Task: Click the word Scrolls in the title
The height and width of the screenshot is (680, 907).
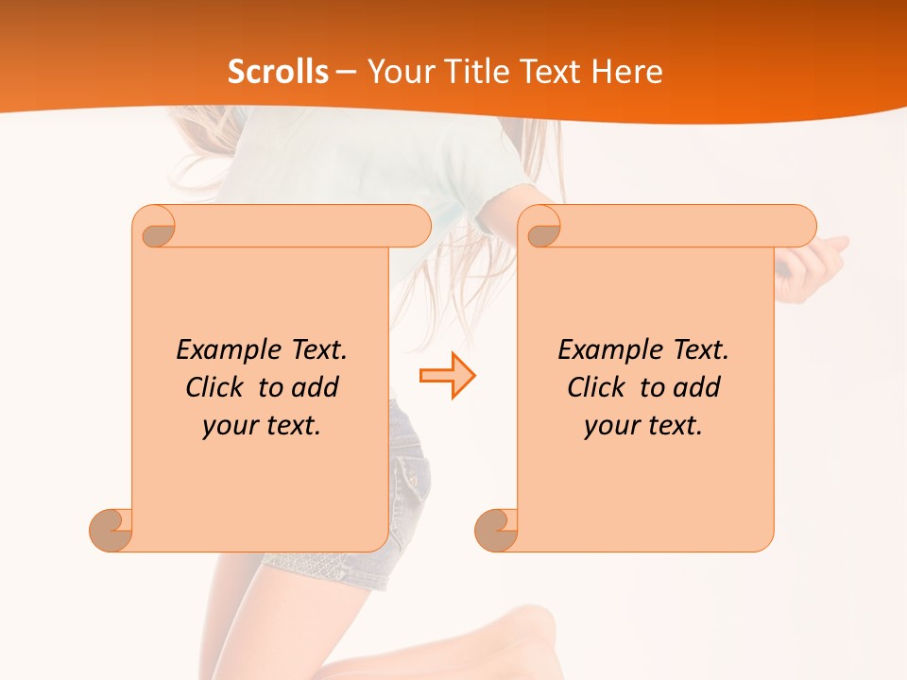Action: (279, 72)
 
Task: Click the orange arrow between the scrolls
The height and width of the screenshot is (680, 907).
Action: (447, 376)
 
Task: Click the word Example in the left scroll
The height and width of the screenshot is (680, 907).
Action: (218, 350)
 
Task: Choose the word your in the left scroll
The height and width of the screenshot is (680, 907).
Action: (228, 426)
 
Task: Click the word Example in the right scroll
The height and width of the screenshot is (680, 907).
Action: (600, 350)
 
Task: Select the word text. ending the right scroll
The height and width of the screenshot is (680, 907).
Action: (673, 426)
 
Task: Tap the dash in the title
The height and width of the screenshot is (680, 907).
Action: (346, 72)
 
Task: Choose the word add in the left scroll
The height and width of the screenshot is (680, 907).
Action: (316, 387)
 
